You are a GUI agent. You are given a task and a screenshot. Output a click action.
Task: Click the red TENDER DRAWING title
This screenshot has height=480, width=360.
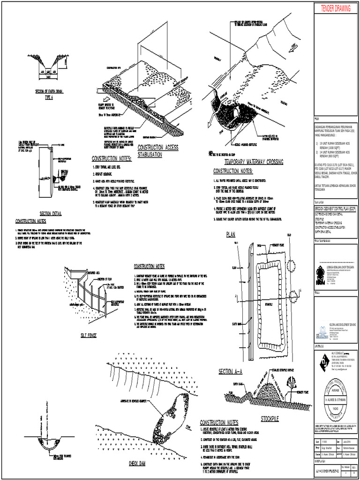point(336,8)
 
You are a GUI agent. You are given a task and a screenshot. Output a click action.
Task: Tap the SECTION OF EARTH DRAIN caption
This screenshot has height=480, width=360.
point(49,91)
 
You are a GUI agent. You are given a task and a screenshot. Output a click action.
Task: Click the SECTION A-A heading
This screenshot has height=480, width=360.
point(230,372)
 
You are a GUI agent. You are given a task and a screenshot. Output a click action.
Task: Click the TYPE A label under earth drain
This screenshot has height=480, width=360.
point(49,97)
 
